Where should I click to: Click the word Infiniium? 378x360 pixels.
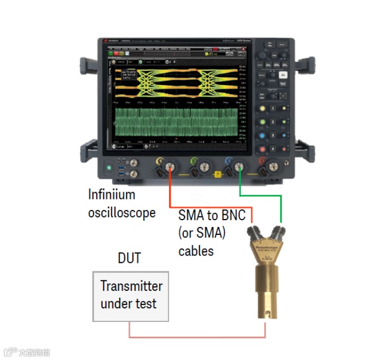click(111, 194)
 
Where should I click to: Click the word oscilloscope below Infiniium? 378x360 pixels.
click(121, 213)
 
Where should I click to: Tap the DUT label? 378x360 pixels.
click(129, 258)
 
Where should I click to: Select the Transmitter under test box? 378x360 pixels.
click(131, 296)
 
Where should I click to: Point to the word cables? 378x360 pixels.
click(196, 251)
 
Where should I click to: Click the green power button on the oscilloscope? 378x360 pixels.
click(109, 168)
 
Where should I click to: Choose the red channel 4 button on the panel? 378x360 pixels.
click(262, 160)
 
